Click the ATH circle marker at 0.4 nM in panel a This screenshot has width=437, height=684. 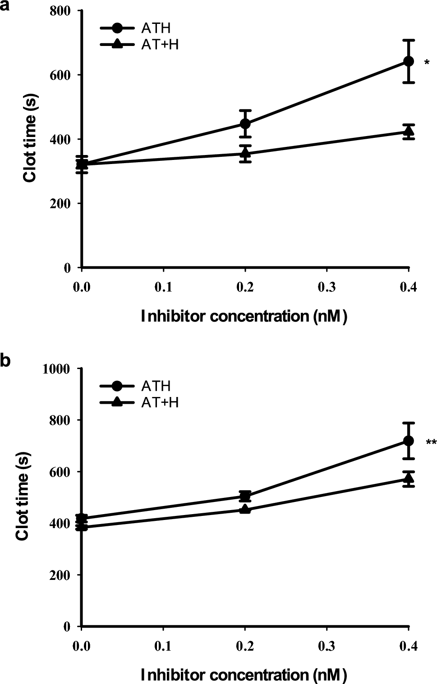point(408,61)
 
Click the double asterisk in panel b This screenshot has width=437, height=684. point(431,443)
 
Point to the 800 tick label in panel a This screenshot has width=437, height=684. point(60,10)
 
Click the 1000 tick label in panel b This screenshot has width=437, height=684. point(57,369)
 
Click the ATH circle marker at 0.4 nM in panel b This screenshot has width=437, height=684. point(408,441)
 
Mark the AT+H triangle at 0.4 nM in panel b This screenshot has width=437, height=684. point(408,479)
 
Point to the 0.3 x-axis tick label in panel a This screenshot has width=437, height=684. point(327,287)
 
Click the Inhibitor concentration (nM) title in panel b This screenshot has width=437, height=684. point(244,675)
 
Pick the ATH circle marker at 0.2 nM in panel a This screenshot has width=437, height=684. point(245,123)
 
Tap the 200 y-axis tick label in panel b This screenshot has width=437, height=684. point(60,575)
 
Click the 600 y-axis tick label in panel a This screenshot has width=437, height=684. point(60,75)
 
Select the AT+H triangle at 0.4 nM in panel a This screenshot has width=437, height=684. point(408,132)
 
